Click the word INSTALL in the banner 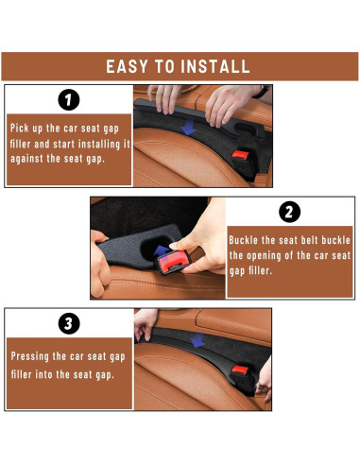pos(215,66)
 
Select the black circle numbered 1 pos(69,100)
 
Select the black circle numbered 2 pos(289,212)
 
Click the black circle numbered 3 pos(69,323)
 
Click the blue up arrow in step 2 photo pos(161,251)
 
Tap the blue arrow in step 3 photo pos(197,340)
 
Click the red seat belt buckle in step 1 pos(240,155)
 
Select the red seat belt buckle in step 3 pos(240,370)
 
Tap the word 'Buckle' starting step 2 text pos(243,240)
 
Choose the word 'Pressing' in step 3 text pos(30,356)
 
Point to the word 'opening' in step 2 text pos(265,256)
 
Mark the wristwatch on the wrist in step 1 pos(262,91)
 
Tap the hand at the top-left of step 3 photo pos(145,323)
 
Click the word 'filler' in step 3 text pos(21,374)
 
